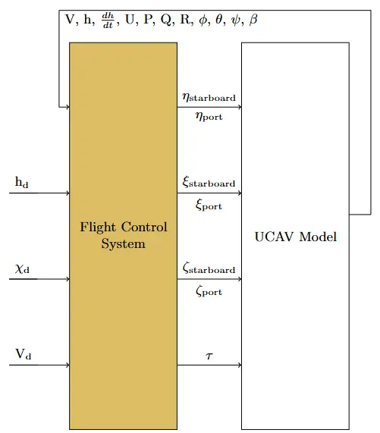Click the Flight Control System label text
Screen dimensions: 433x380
[123, 236]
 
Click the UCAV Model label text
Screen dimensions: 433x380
[295, 237]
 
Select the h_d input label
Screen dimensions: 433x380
[22, 183]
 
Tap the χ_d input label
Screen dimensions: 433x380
[22, 268]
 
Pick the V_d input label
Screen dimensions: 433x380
[23, 355]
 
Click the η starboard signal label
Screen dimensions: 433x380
[209, 97]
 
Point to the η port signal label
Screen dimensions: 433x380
[209, 118]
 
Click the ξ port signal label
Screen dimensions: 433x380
[209, 204]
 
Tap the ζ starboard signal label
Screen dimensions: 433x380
[209, 269]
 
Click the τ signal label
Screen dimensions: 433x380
[209, 356]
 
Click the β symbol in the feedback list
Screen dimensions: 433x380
[253, 20]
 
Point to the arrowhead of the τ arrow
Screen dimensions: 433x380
[239, 366]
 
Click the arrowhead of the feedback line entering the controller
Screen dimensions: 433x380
[67, 107]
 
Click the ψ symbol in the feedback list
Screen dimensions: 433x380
[236, 20]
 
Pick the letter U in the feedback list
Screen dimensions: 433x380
[128, 20]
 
